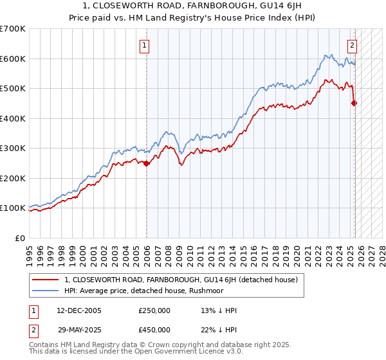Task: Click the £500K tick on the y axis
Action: [x=13, y=89]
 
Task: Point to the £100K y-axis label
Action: [x=13, y=208]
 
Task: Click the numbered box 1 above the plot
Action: [x=146, y=46]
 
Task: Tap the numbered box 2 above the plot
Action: [x=353, y=46]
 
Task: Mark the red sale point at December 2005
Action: [x=146, y=163]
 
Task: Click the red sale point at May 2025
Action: [x=354, y=103]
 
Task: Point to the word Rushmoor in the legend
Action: [x=188, y=291]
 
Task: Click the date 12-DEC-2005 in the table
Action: [x=75, y=310]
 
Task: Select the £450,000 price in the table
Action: [x=154, y=330]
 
